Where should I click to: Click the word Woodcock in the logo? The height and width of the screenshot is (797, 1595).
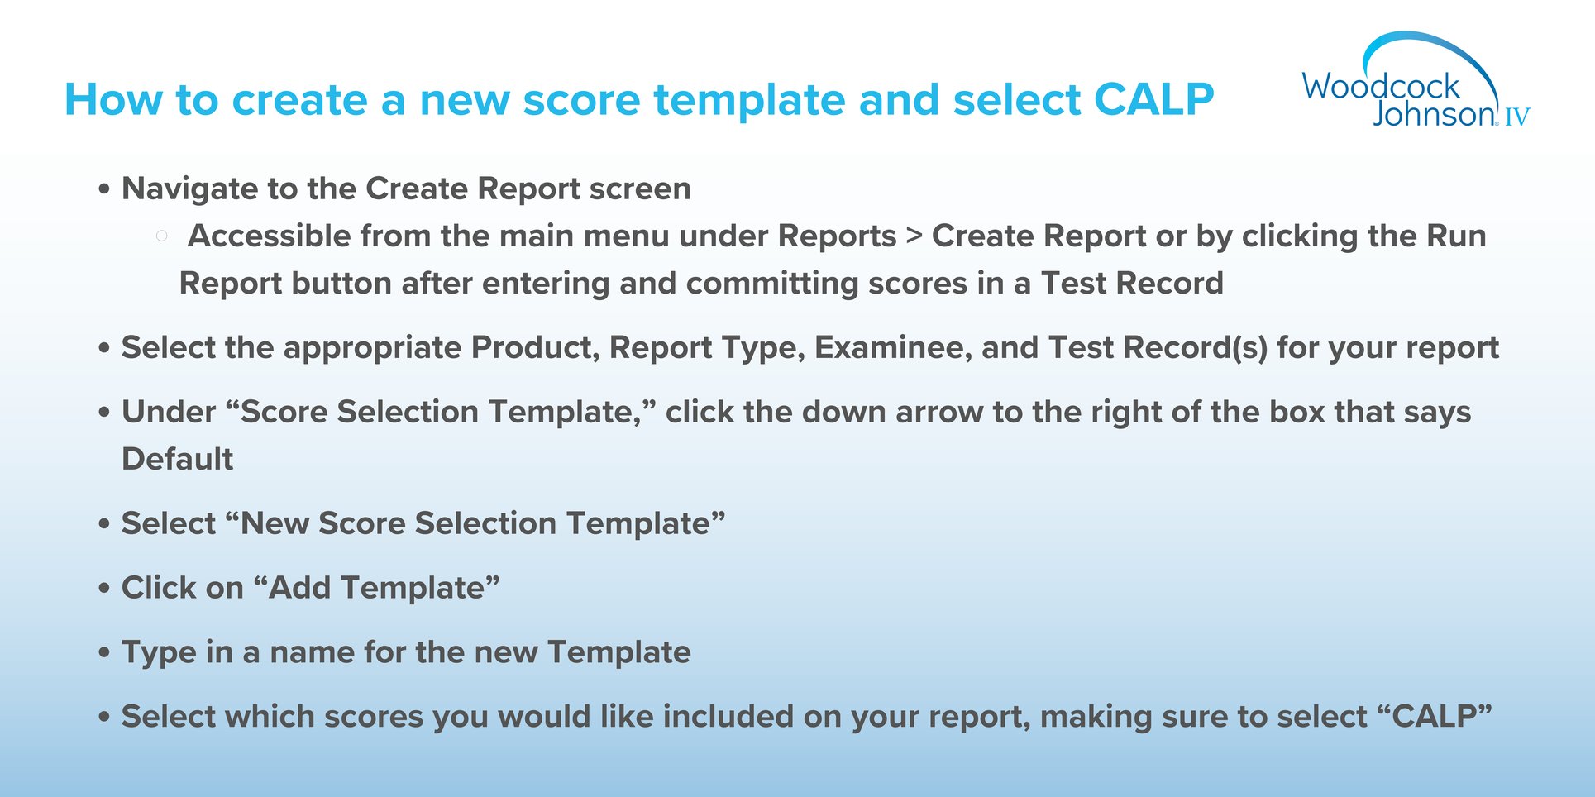tap(1381, 86)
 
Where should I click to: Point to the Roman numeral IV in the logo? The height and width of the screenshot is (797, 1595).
tap(1516, 117)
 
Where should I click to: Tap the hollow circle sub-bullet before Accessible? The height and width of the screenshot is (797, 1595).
tap(161, 236)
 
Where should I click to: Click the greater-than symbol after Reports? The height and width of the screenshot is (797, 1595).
tap(914, 236)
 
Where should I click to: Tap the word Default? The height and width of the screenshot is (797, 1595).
tap(178, 459)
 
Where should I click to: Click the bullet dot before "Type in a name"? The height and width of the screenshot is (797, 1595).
tap(103, 653)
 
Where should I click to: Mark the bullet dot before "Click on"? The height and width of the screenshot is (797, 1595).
tap(103, 589)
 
